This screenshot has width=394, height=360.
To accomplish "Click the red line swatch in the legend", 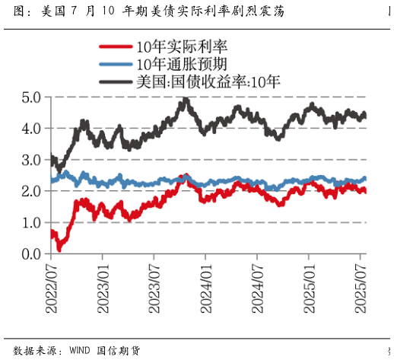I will [x=116, y=47].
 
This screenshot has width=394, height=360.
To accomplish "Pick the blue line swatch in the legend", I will [x=116, y=64].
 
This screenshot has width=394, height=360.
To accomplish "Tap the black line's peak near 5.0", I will [x=185, y=100].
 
